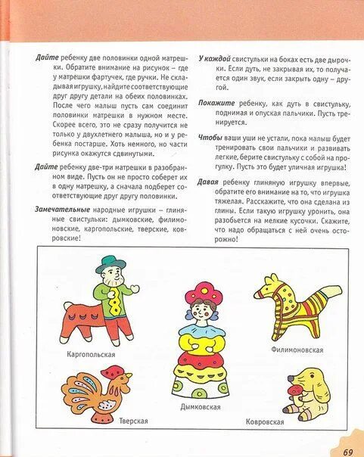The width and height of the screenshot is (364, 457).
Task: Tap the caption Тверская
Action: pos(132,421)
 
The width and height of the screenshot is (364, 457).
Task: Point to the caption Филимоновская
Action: pos(297,350)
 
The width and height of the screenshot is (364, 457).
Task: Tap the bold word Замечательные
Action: pos(58,207)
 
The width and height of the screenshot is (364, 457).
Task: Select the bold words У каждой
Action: pos(214,58)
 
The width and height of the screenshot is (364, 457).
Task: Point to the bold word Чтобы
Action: pos(210,138)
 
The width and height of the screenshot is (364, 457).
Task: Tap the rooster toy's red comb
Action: pos(116,372)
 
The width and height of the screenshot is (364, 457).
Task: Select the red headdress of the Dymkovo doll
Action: pos(201,291)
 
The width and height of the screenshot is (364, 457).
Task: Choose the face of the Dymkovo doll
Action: pos(201,310)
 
